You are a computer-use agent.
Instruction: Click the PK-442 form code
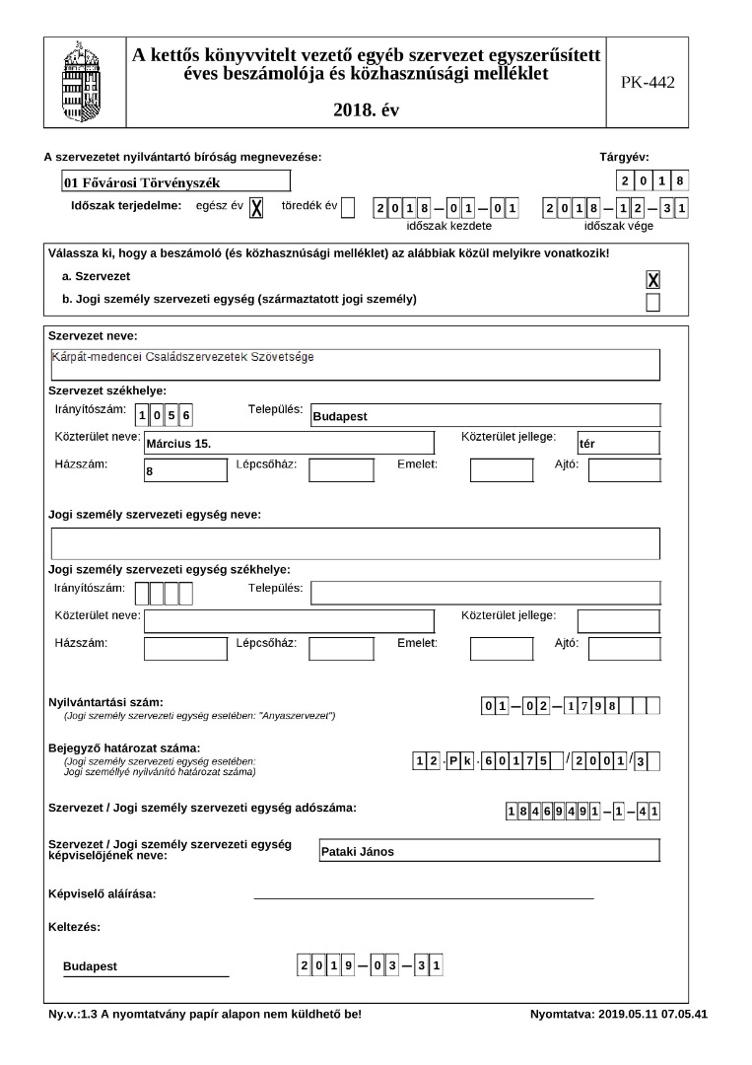click(x=648, y=83)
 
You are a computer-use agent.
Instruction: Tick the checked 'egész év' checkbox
click(x=256, y=207)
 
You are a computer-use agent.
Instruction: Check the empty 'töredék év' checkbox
click(x=348, y=207)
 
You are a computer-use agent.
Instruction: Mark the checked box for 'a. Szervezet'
click(x=652, y=280)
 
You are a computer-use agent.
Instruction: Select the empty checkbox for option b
click(x=652, y=302)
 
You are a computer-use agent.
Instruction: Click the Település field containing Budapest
click(x=484, y=415)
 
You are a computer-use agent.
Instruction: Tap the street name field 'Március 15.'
click(x=289, y=443)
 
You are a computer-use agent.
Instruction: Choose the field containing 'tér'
click(x=618, y=443)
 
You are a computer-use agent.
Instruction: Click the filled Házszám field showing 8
click(x=185, y=470)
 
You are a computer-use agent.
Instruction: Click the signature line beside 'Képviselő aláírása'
click(x=424, y=897)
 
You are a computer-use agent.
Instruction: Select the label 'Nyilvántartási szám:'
click(x=106, y=702)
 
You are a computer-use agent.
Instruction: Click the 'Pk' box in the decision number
click(x=459, y=759)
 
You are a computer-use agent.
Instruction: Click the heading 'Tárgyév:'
click(x=625, y=157)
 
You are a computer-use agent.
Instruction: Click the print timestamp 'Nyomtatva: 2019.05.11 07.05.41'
click(x=618, y=1014)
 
